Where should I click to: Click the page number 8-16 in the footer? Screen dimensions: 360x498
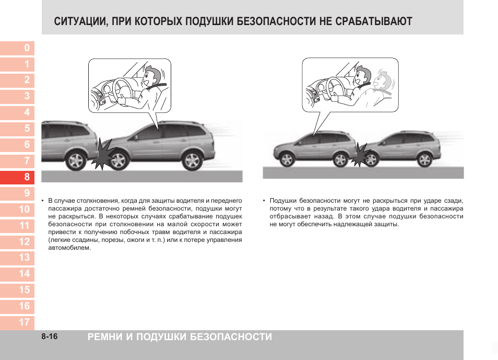point(50,337)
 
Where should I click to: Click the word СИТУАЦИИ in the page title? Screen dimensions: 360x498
point(78,21)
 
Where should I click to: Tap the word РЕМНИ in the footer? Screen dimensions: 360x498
point(106,337)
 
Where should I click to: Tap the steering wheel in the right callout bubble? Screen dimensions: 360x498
point(336,87)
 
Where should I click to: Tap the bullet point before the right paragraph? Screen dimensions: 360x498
point(264,201)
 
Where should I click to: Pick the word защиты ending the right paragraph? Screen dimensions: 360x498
point(387,224)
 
